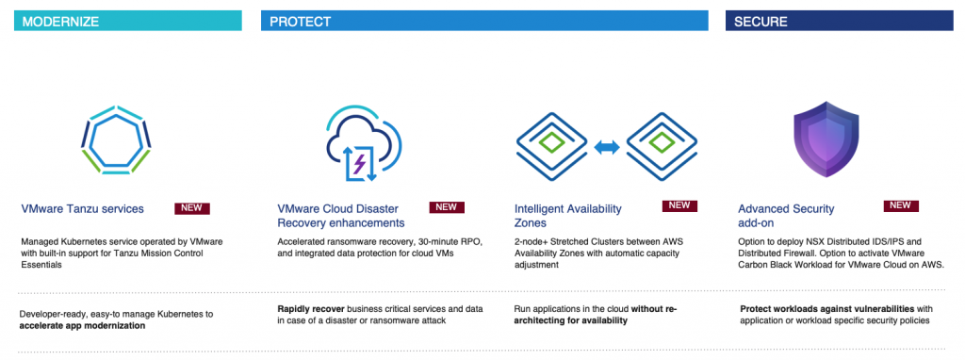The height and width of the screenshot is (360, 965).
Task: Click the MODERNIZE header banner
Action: (x=128, y=21)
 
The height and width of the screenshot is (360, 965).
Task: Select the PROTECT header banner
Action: (x=484, y=21)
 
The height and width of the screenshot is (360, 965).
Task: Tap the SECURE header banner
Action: (x=840, y=21)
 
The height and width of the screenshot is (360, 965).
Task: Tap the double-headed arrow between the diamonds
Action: (x=607, y=147)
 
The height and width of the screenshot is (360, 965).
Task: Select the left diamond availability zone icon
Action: (x=552, y=146)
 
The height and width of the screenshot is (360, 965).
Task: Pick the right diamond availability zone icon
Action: (x=662, y=146)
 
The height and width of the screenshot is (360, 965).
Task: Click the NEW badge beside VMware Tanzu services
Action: (x=192, y=208)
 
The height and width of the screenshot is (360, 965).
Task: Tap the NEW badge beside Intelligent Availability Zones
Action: (x=679, y=205)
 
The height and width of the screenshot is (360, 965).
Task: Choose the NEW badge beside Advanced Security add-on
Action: (x=901, y=205)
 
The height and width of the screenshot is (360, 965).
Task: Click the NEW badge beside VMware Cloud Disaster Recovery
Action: (x=446, y=206)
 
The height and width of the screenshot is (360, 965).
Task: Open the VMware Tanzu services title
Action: (x=83, y=209)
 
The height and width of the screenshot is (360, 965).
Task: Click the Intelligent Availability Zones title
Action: (x=568, y=216)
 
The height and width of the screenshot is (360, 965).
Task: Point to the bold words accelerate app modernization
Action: (x=83, y=325)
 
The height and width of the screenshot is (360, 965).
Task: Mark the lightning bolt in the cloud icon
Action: (x=358, y=164)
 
